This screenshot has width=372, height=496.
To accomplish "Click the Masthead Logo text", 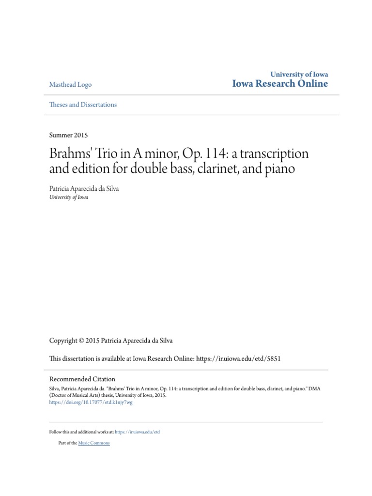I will tap(70, 85).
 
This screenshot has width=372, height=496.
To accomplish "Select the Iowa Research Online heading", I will tap(280, 84).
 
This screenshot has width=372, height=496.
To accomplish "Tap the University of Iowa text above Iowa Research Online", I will tap(299, 74).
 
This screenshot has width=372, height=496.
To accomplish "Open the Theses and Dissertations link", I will tap(83, 105).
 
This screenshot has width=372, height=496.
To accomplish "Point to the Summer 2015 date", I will tap(68, 135).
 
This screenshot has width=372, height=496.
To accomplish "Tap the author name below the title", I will tap(84, 189).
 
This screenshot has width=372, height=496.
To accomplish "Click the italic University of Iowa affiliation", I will tap(69, 198).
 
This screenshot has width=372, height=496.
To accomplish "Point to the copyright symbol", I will tap(81, 341).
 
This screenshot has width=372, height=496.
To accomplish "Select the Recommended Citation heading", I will tap(82, 379).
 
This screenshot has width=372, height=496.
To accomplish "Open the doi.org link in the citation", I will tap(91, 402).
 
